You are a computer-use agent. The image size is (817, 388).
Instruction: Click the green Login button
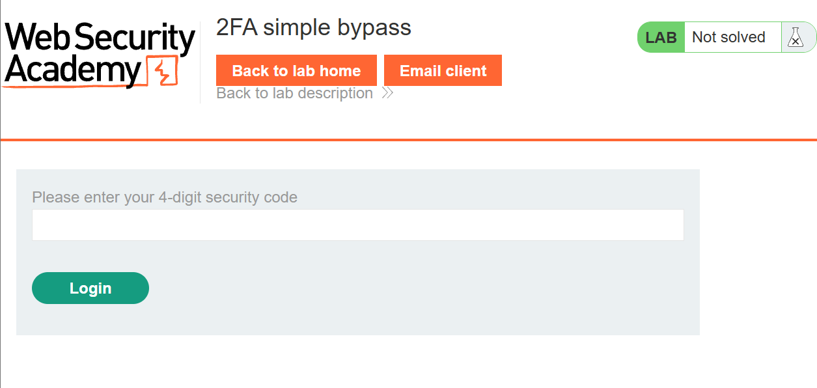point(90,288)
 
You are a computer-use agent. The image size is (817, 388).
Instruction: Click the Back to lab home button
point(296,70)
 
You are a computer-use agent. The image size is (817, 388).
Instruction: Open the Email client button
point(443,70)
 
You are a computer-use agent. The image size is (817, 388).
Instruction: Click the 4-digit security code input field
point(358,225)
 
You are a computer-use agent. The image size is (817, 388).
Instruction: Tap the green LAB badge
point(661,37)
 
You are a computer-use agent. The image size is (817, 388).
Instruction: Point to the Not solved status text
point(728,37)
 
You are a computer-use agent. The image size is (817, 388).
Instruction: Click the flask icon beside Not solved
point(795,37)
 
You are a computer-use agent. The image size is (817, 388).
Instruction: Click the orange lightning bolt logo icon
point(162,71)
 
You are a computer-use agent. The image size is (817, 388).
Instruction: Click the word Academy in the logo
point(73,70)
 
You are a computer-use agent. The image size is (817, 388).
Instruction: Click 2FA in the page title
point(236,27)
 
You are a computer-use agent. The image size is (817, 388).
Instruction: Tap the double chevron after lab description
point(387,93)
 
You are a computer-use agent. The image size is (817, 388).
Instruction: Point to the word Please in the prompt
point(56,197)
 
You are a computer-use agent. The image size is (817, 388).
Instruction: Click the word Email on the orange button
point(421,71)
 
